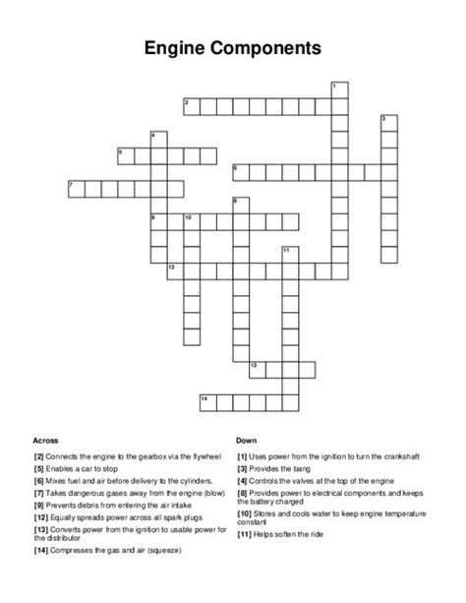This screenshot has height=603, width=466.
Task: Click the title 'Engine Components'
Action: (x=233, y=46)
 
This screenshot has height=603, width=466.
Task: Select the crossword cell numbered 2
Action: (x=190, y=105)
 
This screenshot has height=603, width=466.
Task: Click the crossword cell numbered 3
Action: (x=388, y=122)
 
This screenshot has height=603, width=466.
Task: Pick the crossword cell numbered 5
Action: (x=125, y=154)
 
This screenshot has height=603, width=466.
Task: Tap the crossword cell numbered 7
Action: (x=75, y=188)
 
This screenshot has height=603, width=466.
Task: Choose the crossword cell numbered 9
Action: (x=157, y=220)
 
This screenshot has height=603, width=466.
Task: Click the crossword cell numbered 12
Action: (x=174, y=270)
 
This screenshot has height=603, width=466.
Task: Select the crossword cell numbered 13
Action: (x=257, y=369)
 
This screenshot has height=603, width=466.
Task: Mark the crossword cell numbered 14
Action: (x=206, y=401)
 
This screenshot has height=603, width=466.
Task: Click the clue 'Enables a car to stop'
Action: (x=91, y=470)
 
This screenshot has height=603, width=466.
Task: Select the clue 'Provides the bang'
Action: (x=283, y=470)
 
